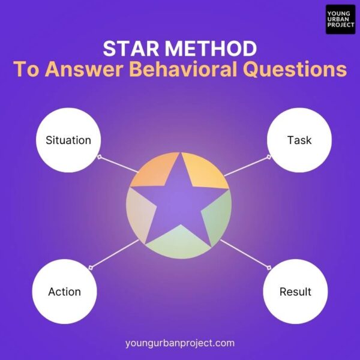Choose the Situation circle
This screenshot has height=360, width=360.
68,140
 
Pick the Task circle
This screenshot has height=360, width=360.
299,140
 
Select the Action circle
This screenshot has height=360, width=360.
64,292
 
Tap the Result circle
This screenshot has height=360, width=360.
295,292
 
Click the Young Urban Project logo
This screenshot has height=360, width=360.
340,19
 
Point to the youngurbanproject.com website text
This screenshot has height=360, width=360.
180,343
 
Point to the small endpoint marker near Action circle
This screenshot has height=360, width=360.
89,266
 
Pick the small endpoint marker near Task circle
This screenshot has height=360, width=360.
269,157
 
